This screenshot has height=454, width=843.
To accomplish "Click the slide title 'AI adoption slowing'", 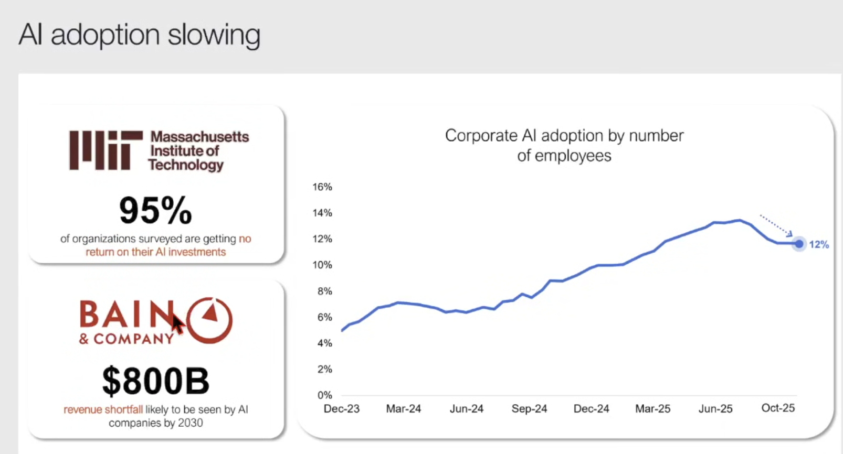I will pos(139,35).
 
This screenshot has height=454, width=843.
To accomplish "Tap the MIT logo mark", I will pos(106,150).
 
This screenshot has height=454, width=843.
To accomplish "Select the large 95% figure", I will pos(155,211).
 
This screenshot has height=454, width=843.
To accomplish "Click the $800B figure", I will pos(155,381).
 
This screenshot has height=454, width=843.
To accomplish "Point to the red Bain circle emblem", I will pos(209,320).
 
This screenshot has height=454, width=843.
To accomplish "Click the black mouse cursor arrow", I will pos(177,323).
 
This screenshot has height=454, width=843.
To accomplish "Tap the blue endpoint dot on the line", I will pos(799,244).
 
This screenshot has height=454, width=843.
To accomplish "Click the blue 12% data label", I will pos(818,244).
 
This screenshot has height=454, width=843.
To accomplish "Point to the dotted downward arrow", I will pos(776,224).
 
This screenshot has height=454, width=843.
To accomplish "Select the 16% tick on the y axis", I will pos(322,187).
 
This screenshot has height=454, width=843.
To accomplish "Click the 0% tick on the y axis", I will pos(325,395).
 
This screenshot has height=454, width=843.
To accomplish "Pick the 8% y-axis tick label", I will pos(325,291).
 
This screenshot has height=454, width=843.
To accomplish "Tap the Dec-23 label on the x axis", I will pos(342,409).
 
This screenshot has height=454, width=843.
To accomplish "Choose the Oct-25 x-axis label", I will pos(778,408).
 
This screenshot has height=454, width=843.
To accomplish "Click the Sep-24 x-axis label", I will pos(529,409).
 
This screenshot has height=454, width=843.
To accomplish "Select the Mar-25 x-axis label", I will pos(652,409).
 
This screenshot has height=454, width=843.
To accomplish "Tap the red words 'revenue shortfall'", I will pos(103,409).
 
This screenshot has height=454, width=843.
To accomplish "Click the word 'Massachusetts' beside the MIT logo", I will pos(199,137).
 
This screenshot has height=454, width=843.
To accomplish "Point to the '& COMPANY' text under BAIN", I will pos(126,339).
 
